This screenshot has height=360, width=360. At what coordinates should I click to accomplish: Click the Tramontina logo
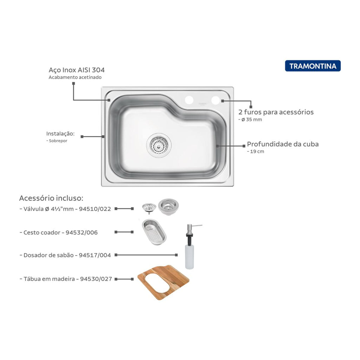point(313,66)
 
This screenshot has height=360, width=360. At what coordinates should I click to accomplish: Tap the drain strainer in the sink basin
point(159,145)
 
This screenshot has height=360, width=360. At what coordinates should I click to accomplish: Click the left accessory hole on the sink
point(189,100)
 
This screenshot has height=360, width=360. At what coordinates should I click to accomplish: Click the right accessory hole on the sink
point(216,100)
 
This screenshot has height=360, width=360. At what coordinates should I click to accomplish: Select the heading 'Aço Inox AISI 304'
point(77,70)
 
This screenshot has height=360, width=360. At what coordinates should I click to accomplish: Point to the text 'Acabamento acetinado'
point(75,77)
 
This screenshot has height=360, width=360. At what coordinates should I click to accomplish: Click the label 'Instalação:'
point(60,134)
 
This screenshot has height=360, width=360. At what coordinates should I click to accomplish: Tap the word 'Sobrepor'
point(58,141)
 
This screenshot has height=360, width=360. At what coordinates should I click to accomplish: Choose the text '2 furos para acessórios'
point(276,112)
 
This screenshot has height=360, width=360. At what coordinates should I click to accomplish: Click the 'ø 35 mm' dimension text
point(252,120)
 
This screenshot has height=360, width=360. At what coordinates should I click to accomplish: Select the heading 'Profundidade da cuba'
point(283,144)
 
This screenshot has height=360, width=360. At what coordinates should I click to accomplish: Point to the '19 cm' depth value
point(257,152)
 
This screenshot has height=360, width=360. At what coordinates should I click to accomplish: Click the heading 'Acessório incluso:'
point(51,198)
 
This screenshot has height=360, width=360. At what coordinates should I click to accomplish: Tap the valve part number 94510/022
point(95,209)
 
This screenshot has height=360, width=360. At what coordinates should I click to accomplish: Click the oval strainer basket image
point(154,232)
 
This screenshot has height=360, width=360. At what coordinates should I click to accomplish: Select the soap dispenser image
point(190,247)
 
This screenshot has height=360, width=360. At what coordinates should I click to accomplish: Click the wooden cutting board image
point(163,282)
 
